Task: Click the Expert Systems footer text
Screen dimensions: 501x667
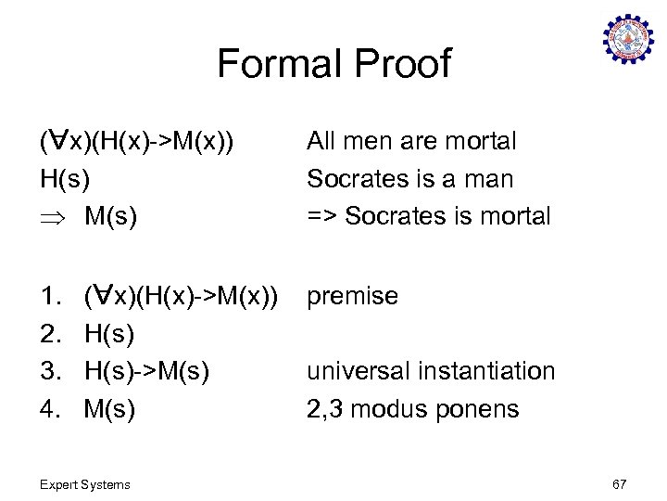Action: tap(86, 484)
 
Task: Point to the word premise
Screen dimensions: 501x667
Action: tap(352, 297)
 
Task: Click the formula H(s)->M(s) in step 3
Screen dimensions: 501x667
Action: tap(146, 371)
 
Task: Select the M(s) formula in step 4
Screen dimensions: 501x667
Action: tap(109, 409)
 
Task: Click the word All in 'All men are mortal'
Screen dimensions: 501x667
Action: tap(322, 141)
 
